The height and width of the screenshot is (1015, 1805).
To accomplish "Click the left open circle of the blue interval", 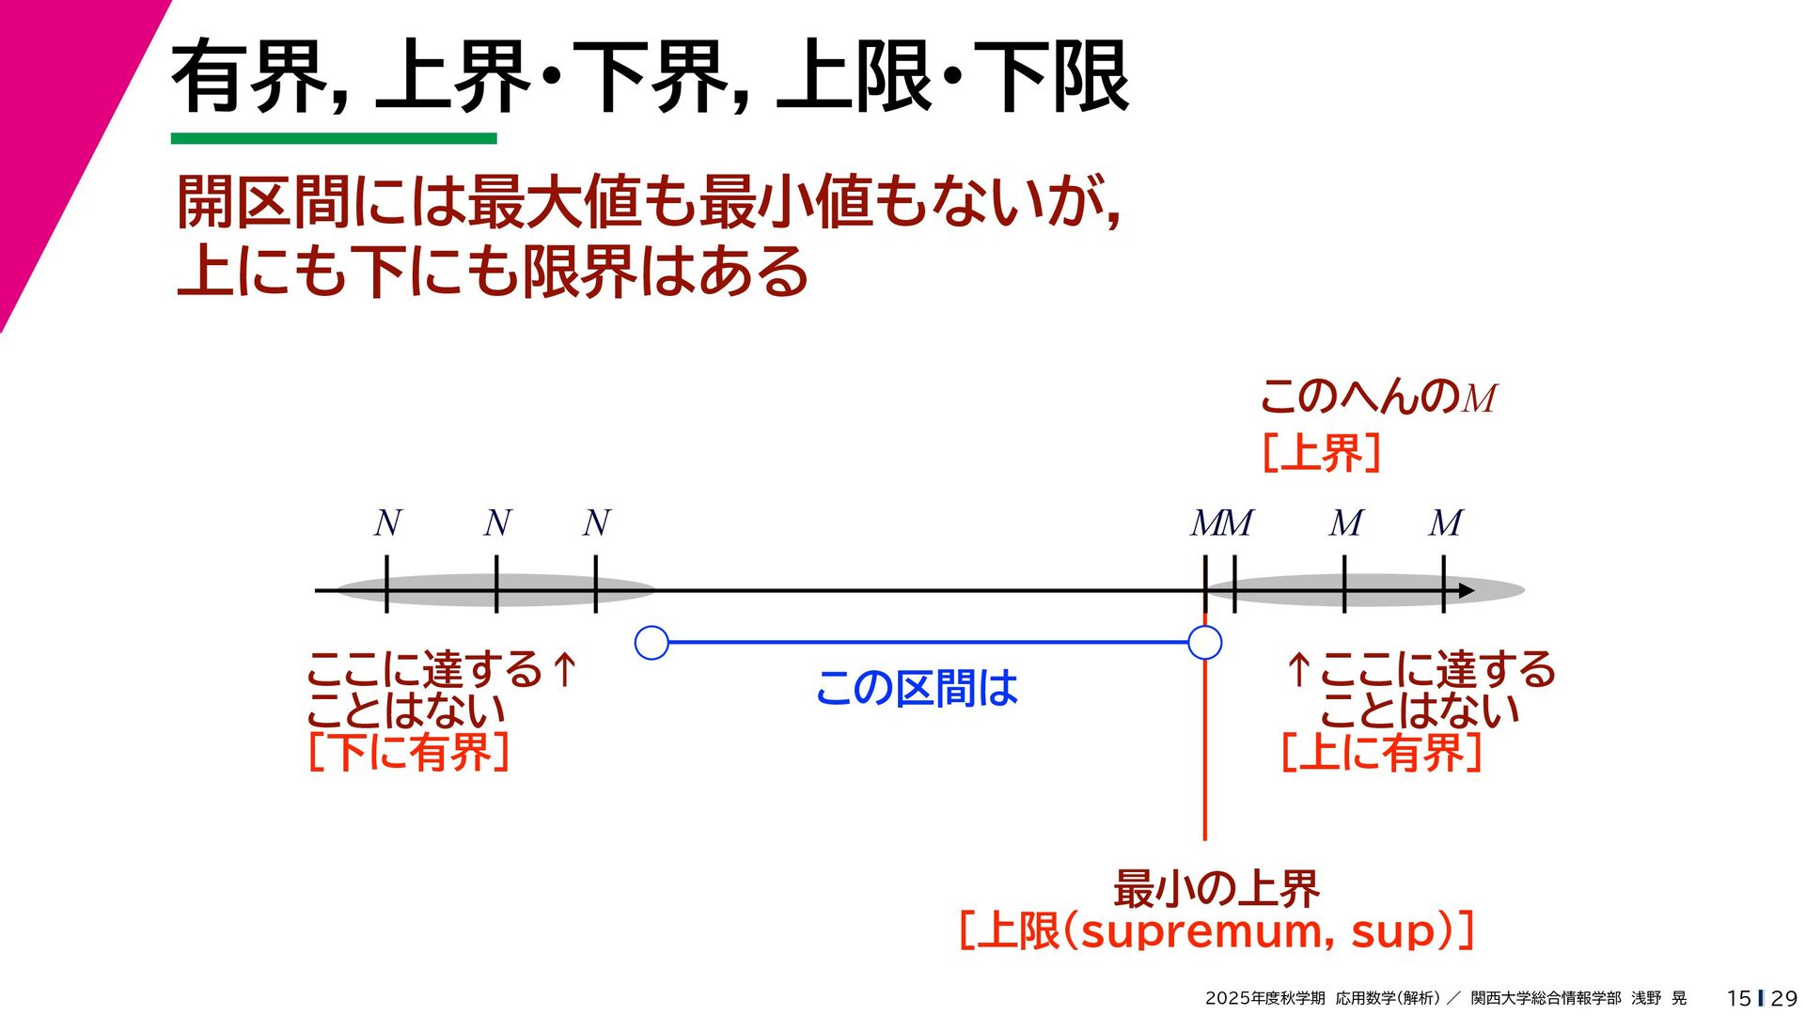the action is pyautogui.click(x=651, y=643).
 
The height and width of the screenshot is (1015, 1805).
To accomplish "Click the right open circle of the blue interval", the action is pyautogui.click(x=1204, y=643).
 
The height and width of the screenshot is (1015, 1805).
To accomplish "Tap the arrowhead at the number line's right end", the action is pyautogui.click(x=1466, y=591).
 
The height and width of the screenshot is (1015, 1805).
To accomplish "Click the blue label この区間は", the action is pyautogui.click(x=917, y=688).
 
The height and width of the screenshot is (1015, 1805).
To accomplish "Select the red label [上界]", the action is pyautogui.click(x=1321, y=453).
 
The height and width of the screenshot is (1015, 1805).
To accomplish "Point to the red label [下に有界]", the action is pyautogui.click(x=409, y=752).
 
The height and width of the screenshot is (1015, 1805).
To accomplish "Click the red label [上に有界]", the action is pyautogui.click(x=1381, y=752).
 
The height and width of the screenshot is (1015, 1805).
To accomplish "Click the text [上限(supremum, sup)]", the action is pyautogui.click(x=1216, y=931).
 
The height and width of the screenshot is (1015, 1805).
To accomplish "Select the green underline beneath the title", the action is pyautogui.click(x=334, y=139).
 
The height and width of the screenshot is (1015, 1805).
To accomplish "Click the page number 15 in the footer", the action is pyautogui.click(x=1738, y=998).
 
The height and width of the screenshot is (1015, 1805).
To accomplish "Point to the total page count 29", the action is pyautogui.click(x=1783, y=998).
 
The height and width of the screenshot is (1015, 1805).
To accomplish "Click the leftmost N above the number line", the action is pyautogui.click(x=387, y=523).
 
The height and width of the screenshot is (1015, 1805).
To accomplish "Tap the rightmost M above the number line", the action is pyautogui.click(x=1445, y=523).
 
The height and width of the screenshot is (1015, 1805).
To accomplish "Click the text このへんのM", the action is pyautogui.click(x=1377, y=397).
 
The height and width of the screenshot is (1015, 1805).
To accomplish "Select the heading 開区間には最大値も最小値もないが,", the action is pyautogui.click(x=649, y=202).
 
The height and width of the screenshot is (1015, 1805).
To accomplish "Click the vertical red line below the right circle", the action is pyautogui.click(x=1204, y=752).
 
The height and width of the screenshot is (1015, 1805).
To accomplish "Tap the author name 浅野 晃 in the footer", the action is pyautogui.click(x=1658, y=998).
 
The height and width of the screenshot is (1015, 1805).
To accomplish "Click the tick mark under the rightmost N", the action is pyautogui.click(x=596, y=585).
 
